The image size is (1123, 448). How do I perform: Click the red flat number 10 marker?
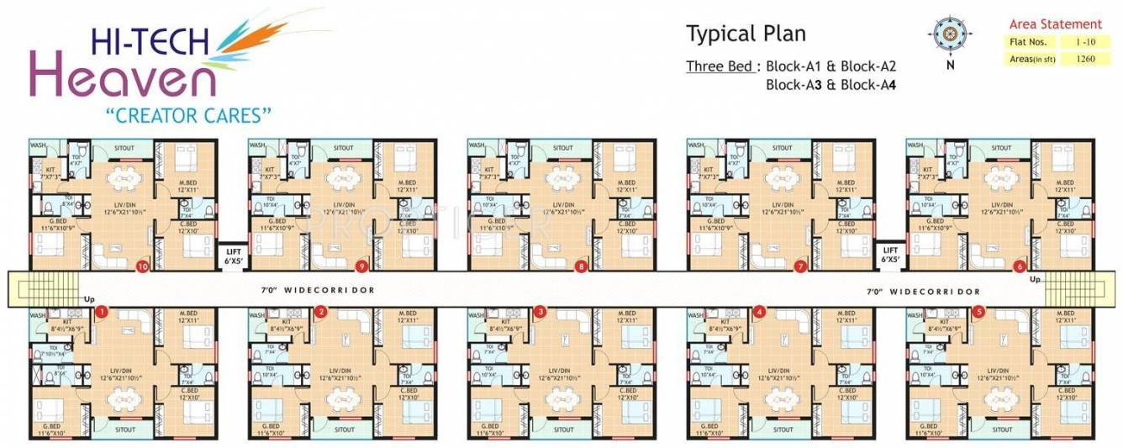tap(142, 267)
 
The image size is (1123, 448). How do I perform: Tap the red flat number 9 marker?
tap(361, 267)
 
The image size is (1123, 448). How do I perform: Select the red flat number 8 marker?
tap(581, 267)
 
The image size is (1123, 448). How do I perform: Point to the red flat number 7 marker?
tap(800, 267)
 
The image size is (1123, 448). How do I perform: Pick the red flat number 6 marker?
tap(1020, 267)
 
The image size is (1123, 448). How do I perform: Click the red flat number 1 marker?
tap(102, 311)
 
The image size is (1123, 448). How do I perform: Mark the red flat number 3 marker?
tap(540, 311)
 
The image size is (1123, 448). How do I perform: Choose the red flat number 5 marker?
tap(978, 311)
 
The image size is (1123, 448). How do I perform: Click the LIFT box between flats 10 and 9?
tap(232, 254)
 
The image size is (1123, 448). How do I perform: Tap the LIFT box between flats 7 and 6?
tap(890, 254)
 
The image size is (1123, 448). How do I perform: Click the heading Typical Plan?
tap(746, 34)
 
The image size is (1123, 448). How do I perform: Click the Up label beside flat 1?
tap(88, 298)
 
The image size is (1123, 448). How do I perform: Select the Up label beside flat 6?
tap(1035, 279)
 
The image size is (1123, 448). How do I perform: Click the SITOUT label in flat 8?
tap(563, 148)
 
